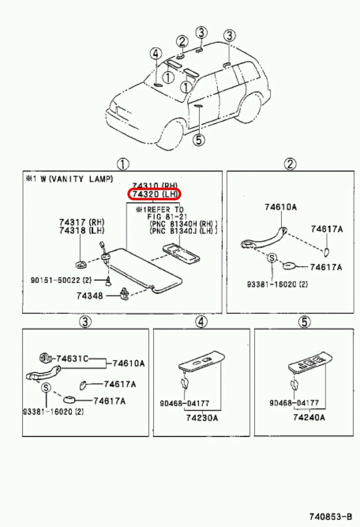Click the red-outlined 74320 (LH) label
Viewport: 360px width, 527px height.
tap(154, 194)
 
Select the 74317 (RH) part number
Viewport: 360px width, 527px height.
tap(82, 222)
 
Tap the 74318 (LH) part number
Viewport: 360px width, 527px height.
tap(81, 230)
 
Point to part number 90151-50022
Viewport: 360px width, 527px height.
tap(61, 280)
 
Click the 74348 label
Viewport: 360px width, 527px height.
tap(90, 296)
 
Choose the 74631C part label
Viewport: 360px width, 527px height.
tap(72, 358)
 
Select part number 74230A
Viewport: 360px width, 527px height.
tap(202, 418)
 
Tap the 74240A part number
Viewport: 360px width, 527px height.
tap(309, 418)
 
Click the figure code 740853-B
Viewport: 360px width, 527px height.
tap(330, 517)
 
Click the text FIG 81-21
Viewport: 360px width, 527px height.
tap(167, 217)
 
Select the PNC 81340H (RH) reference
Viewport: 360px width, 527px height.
tap(183, 224)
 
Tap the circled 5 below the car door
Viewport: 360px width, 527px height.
tap(199, 140)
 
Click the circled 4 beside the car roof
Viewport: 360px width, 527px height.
tap(156, 54)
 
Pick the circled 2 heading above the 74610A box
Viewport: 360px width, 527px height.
tap(290, 164)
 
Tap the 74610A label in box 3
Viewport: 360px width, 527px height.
tap(128, 363)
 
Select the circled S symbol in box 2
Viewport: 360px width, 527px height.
tap(272, 258)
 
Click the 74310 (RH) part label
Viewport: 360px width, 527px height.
tap(155, 186)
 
